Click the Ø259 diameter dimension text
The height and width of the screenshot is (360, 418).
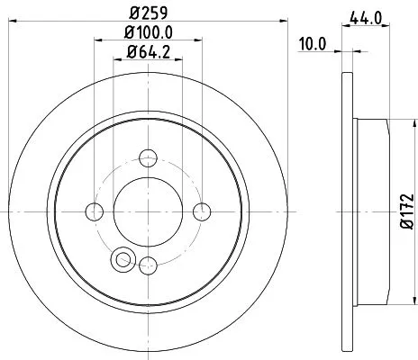[147, 13]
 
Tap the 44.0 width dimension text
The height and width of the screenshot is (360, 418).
[360, 15]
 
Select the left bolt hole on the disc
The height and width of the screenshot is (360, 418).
[94, 211]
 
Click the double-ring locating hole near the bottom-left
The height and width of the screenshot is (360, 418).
[120, 260]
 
